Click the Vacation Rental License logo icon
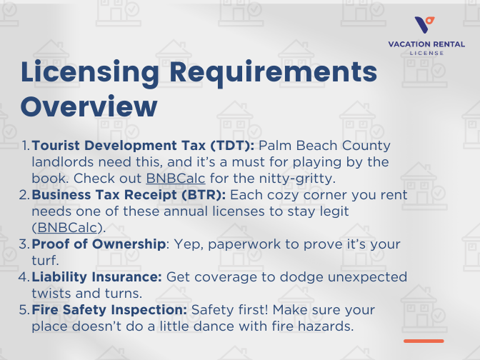point(426,25)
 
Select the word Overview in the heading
point(89,106)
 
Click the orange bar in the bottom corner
point(424,341)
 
